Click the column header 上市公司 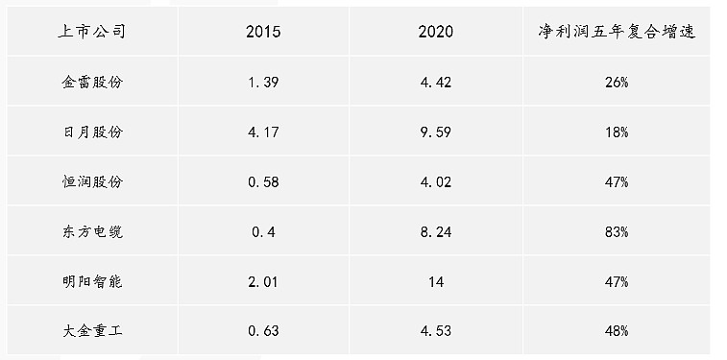[92, 32]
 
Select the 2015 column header [263, 32]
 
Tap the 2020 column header [435, 32]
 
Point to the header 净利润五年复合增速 [617, 32]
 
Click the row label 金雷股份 [92, 83]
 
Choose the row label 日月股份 [92, 132]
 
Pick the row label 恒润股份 [92, 181]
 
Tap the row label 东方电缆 [92, 231]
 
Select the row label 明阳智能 [92, 281]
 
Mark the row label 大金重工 [92, 331]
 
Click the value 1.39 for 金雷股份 [263, 83]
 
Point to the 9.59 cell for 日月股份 [436, 132]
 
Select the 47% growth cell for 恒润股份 [617, 181]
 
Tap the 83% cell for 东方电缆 [617, 231]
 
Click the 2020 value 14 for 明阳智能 [436, 281]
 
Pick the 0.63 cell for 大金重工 [263, 331]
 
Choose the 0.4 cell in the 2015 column [263, 231]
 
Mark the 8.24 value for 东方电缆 [436, 231]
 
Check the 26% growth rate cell [617, 83]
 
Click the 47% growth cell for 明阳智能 [617, 281]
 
